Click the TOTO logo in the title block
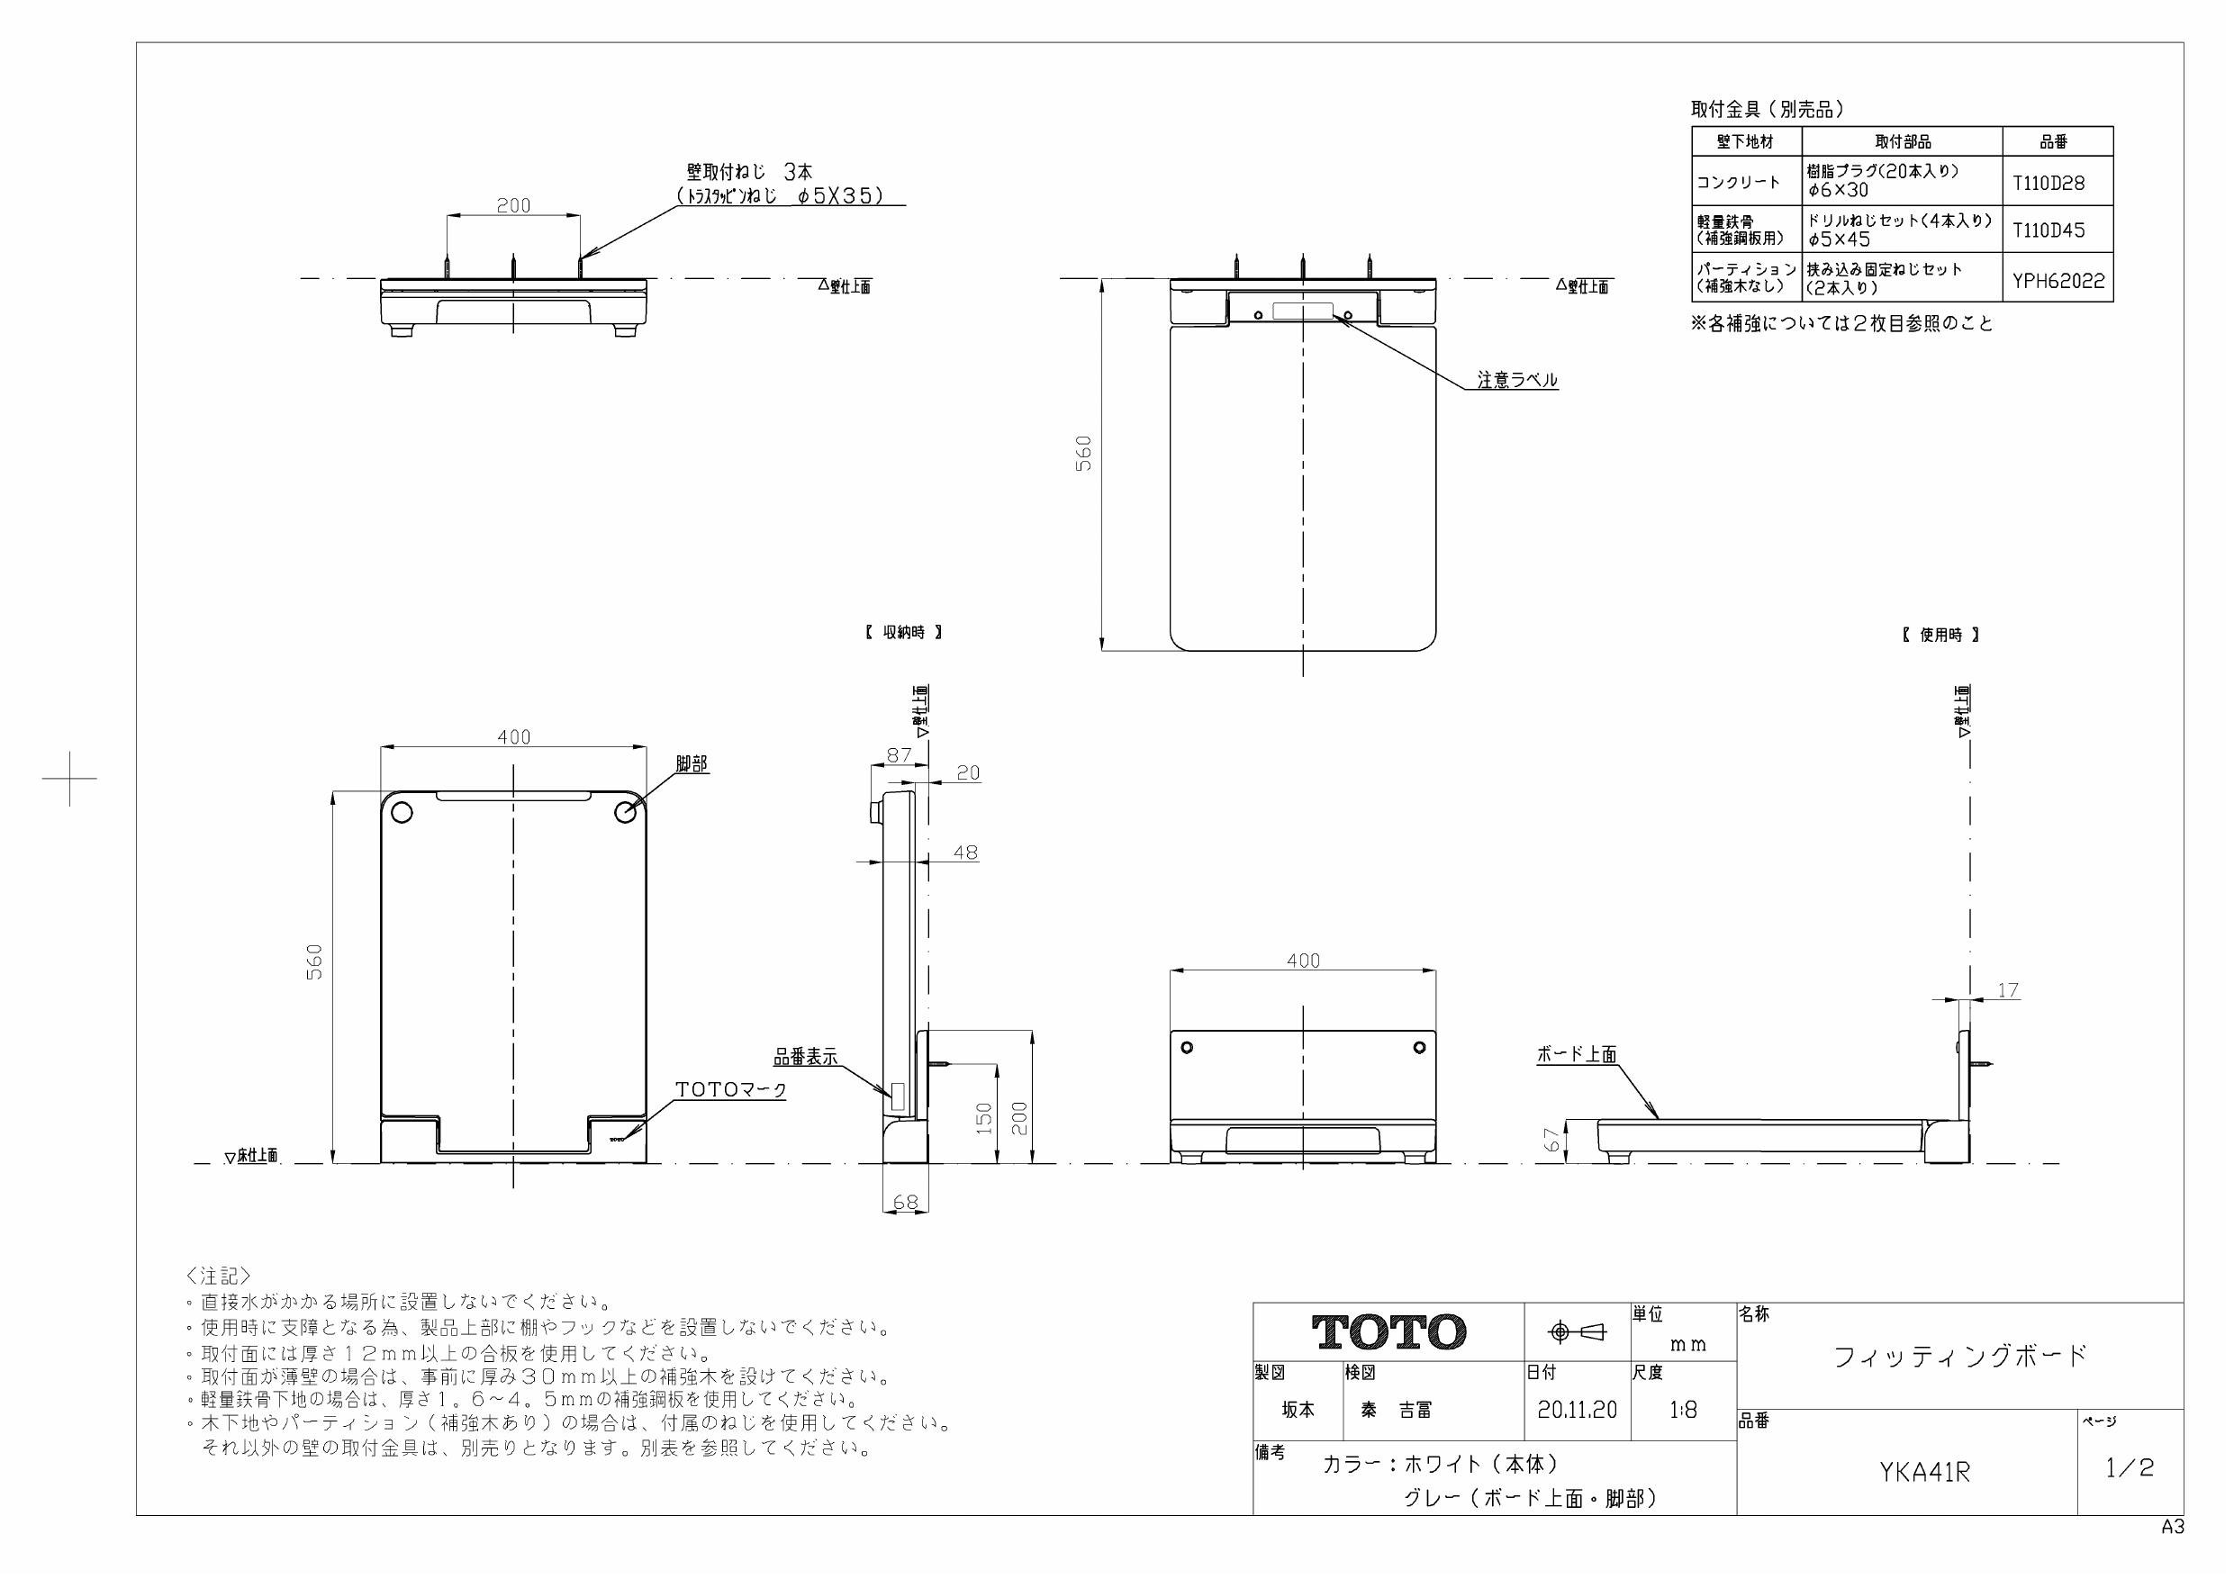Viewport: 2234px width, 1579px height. tap(1388, 1331)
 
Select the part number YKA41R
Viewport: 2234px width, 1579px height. tap(1923, 1473)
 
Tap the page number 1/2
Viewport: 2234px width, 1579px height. tap(2129, 1467)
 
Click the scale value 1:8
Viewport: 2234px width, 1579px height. tap(1682, 1410)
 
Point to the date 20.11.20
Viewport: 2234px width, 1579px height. tap(1577, 1410)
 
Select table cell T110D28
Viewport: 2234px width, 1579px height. tap(2049, 182)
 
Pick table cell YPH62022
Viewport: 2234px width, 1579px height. tap(2058, 281)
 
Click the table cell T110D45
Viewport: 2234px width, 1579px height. tap(2049, 230)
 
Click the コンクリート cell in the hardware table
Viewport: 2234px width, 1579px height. tap(1738, 182)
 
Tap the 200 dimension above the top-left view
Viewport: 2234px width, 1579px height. tap(514, 205)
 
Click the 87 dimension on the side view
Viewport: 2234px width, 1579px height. tap(899, 755)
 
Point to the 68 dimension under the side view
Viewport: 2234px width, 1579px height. tap(905, 1203)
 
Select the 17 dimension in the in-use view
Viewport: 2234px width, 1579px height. tap(2007, 990)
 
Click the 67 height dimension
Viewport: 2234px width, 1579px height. tap(1553, 1140)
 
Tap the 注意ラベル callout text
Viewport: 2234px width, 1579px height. tap(1517, 381)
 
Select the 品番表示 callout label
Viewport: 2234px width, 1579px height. tap(805, 1058)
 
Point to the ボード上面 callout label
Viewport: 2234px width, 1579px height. tap(1577, 1053)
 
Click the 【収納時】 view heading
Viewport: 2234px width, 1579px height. tap(903, 632)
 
